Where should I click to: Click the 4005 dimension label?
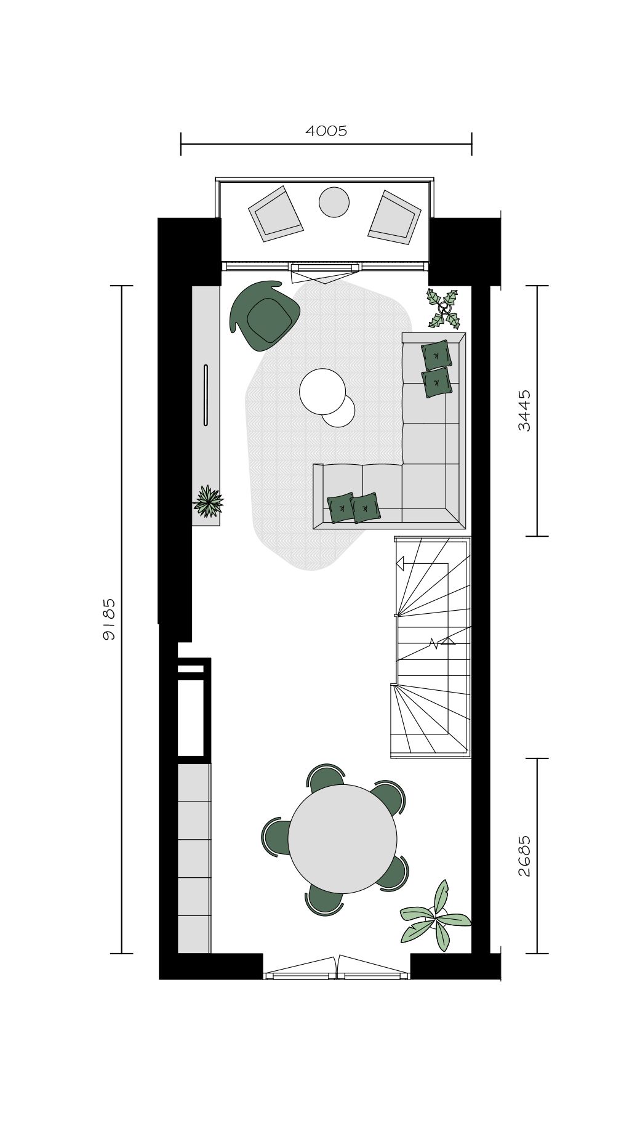(x=326, y=131)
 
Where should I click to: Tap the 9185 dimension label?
(x=109, y=619)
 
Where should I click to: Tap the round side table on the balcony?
(x=334, y=202)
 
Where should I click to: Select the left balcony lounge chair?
(x=276, y=214)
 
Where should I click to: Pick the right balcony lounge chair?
(x=394, y=217)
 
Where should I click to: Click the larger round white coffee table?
(x=322, y=391)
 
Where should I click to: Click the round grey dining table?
(x=342, y=838)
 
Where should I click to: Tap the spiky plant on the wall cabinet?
(x=208, y=501)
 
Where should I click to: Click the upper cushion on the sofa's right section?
(x=436, y=355)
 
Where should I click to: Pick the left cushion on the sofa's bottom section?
(x=341, y=509)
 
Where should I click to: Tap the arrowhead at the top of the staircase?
(x=400, y=563)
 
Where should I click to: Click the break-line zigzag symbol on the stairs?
(x=434, y=644)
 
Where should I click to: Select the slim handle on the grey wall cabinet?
(x=206, y=395)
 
